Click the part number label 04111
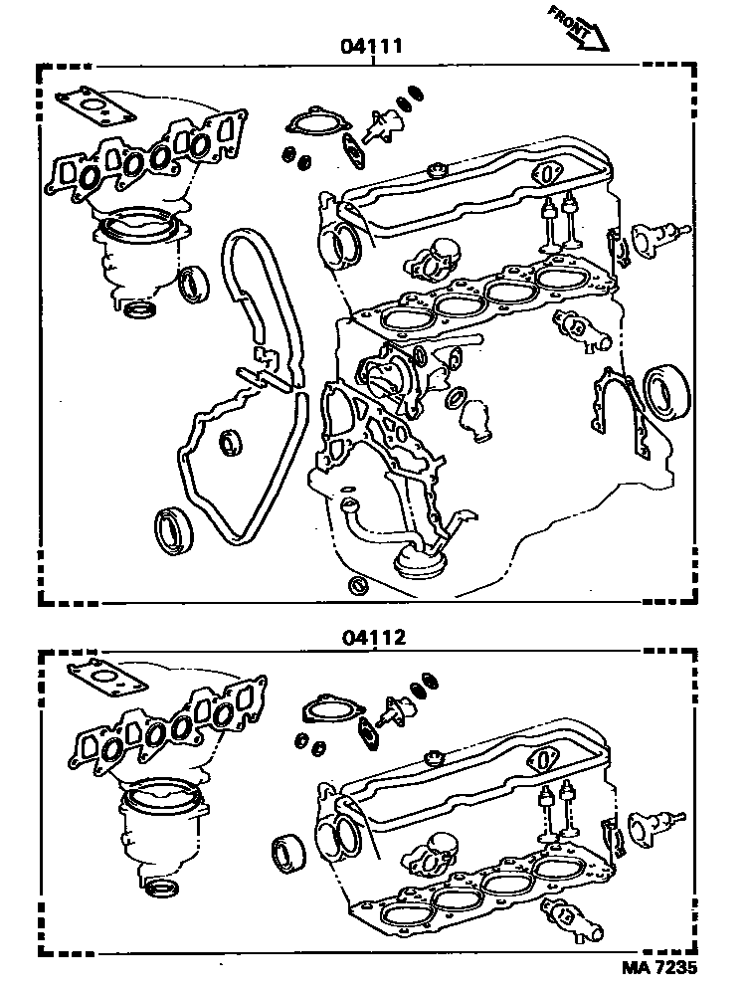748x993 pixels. pyautogui.click(x=374, y=46)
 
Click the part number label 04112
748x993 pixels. pyautogui.click(x=374, y=635)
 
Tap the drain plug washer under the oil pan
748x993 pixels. pyautogui.click(x=357, y=585)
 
